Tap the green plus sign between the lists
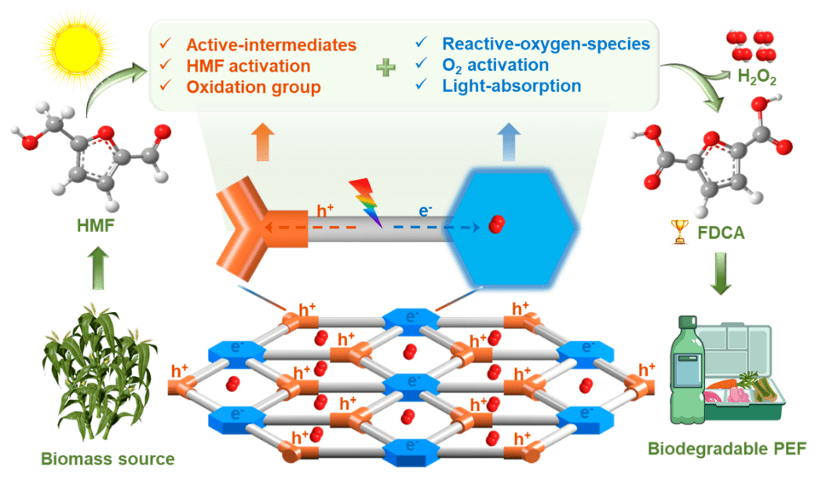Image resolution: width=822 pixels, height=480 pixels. pos(385,68)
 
